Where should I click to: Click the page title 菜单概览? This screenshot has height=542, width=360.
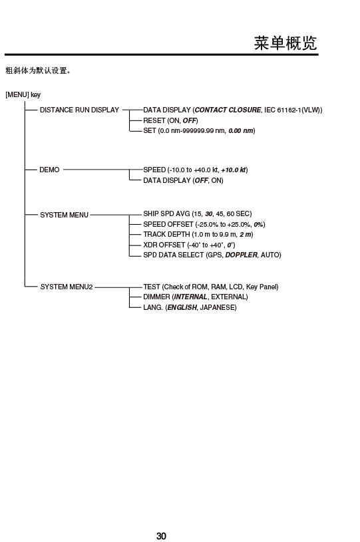tap(285, 43)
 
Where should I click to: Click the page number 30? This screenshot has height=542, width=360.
tap(161, 536)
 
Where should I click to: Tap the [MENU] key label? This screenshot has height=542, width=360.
tap(23, 94)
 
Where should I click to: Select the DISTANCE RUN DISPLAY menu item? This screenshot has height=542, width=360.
tap(79, 110)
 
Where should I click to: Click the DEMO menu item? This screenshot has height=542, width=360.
tap(49, 170)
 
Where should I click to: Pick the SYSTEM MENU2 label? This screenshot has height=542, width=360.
tap(67, 287)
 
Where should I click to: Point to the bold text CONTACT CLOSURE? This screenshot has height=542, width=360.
tap(228, 110)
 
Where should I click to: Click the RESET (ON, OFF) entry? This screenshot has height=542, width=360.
tap(170, 120)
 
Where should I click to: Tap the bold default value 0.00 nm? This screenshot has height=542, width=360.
tap(241, 130)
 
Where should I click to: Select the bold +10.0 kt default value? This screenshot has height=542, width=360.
tap(234, 170)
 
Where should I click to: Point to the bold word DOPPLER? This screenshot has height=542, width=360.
tap(242, 255)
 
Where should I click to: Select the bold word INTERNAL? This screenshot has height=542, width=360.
tap(190, 297)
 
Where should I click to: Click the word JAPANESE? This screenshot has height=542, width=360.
tap(218, 308)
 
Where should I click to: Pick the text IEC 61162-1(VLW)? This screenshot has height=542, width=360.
tap(292, 110)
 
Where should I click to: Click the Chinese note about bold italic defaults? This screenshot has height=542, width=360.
tap(38, 70)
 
